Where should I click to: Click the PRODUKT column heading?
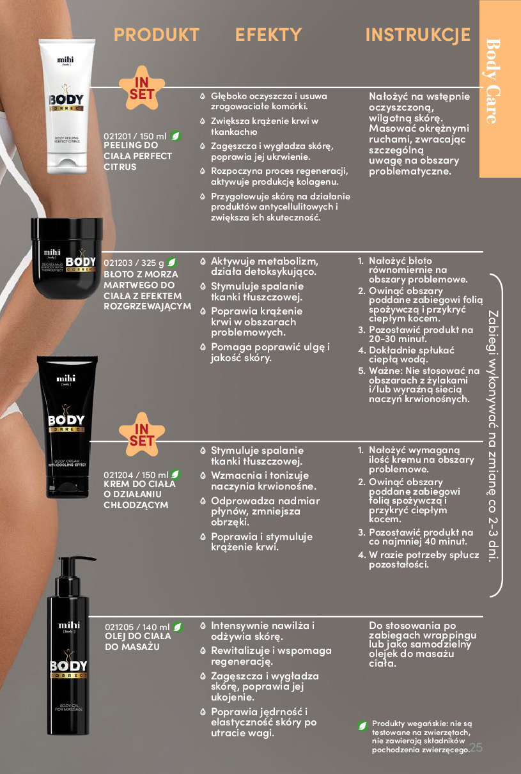point(157,35)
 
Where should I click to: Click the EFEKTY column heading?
point(268,35)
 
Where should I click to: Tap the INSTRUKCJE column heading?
point(417,35)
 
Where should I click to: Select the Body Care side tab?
point(500,88)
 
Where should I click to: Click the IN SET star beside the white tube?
point(142,88)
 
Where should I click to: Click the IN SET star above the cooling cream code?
point(142,435)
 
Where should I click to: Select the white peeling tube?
point(67,107)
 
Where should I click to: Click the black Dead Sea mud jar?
point(66,258)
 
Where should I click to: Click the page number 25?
point(476,748)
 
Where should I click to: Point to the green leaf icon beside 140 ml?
point(178,627)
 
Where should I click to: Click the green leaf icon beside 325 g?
point(172,263)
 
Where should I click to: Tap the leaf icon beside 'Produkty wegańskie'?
point(362,726)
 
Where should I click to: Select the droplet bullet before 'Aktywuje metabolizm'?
point(203,261)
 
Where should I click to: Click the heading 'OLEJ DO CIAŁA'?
point(138,637)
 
